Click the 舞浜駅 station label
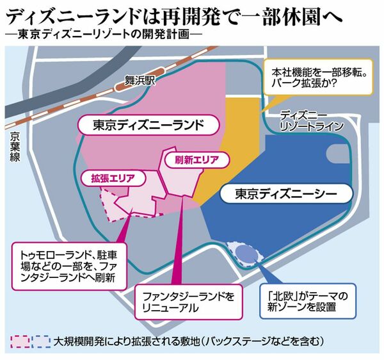pyautogui.click(x=140, y=80)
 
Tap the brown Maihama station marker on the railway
pyautogui.click(x=140, y=79)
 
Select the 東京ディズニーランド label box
pyautogui.click(x=148, y=125)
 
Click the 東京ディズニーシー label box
pyautogui.click(x=286, y=193)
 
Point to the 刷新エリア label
pyautogui.click(x=196, y=160)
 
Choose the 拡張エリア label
pyautogui.click(x=113, y=178)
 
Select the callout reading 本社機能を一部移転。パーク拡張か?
pyautogui.click(x=318, y=77)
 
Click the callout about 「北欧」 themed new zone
pyautogui.click(x=308, y=301)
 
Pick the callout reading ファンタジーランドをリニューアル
pyautogui.click(x=189, y=302)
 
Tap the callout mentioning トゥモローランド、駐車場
pyautogui.click(x=69, y=266)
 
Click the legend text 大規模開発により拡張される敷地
pyautogui.click(x=127, y=341)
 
